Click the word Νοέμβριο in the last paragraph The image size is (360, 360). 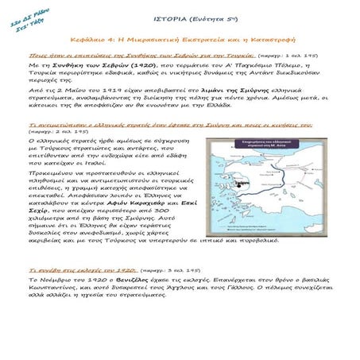coord(55,281)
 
